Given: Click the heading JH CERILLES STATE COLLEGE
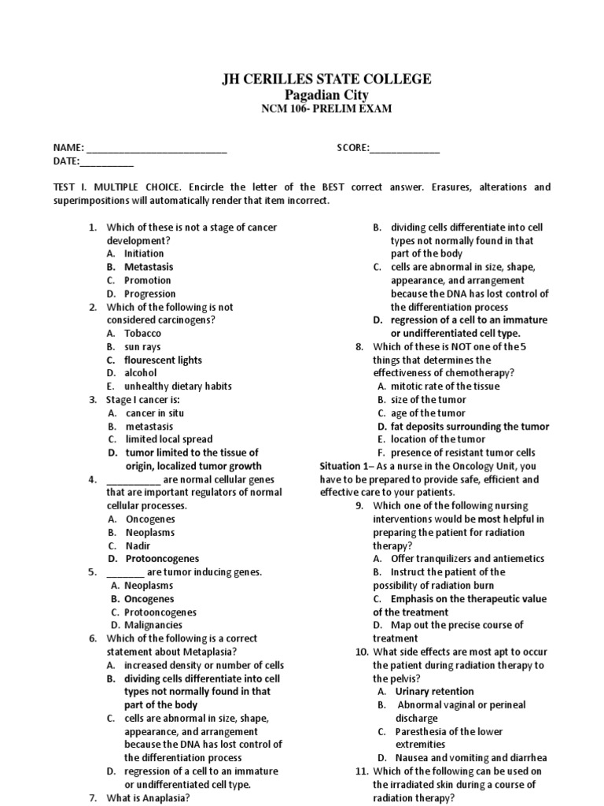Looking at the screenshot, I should coord(325,79).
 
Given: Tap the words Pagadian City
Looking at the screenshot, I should coord(325,94).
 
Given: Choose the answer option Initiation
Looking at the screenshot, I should coord(144,253).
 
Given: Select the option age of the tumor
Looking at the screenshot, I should coord(429,412).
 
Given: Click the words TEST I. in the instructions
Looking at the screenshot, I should coord(71,187).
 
